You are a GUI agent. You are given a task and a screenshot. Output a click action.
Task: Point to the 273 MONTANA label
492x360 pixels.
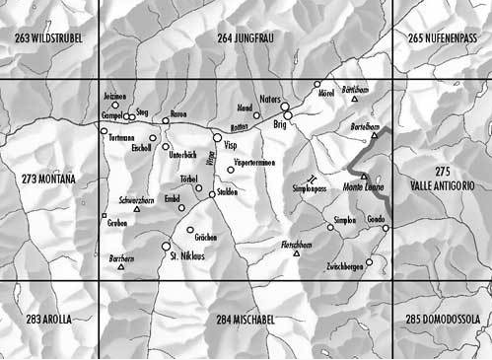tap(47, 180)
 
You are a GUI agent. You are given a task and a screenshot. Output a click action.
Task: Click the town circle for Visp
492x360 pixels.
tap(216, 138)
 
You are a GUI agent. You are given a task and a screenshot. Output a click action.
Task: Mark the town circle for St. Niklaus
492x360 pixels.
tap(166, 247)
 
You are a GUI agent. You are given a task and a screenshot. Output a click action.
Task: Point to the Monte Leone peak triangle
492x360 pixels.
tap(363, 176)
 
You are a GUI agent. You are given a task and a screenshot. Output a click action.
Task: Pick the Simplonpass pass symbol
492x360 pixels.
tap(313, 178)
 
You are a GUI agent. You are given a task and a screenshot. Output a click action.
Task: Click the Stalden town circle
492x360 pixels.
tap(212, 194)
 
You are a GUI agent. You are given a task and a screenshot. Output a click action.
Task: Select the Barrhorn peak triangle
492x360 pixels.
tap(120, 266)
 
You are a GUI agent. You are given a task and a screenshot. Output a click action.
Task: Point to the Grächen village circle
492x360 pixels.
tap(190, 230)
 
